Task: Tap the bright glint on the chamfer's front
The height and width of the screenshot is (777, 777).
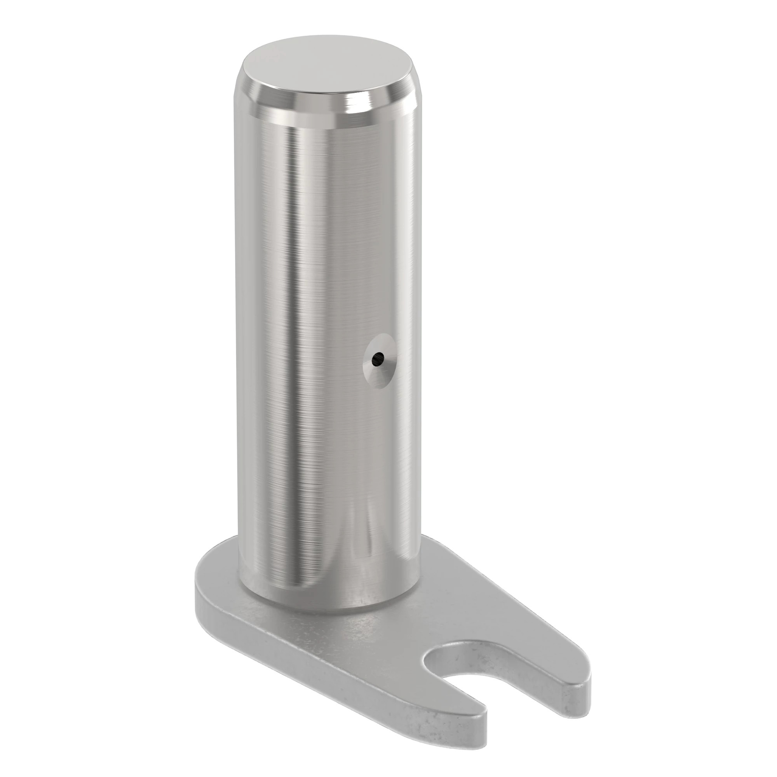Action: pyautogui.click(x=354, y=109)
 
